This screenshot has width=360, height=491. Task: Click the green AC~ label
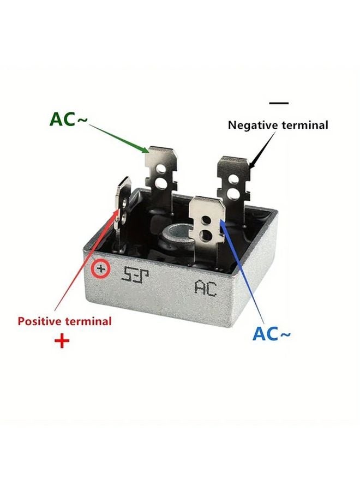(x=68, y=119)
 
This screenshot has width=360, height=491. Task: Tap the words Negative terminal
(x=278, y=125)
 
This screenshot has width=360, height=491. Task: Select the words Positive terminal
(x=64, y=321)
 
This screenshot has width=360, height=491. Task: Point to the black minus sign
(x=279, y=103)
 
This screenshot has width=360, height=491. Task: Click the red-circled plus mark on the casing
(x=101, y=269)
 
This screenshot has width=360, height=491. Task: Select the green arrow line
(x=117, y=136)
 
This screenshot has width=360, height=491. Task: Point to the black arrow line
(x=262, y=146)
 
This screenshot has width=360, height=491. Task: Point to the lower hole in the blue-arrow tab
(x=206, y=235)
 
